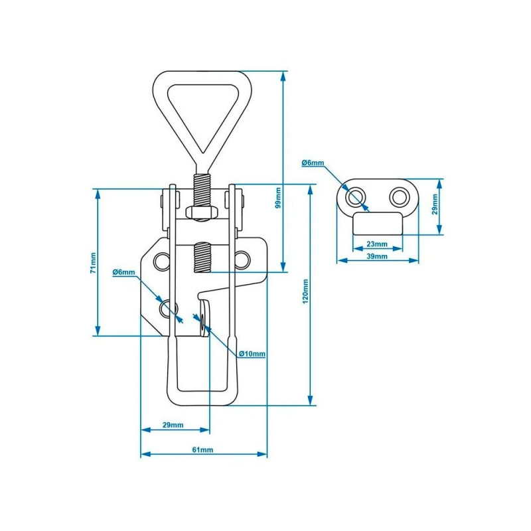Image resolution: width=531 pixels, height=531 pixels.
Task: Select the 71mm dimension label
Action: coord(93,262)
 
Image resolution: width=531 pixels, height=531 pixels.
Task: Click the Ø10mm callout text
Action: coord(252,354)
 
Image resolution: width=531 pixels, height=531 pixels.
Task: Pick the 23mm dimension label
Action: coord(377,244)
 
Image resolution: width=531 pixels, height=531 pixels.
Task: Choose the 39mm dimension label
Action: coord(377,256)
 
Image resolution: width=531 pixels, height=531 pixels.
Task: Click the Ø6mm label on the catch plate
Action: coord(313,163)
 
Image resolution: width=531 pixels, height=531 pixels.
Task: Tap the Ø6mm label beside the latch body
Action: coord(124,272)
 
